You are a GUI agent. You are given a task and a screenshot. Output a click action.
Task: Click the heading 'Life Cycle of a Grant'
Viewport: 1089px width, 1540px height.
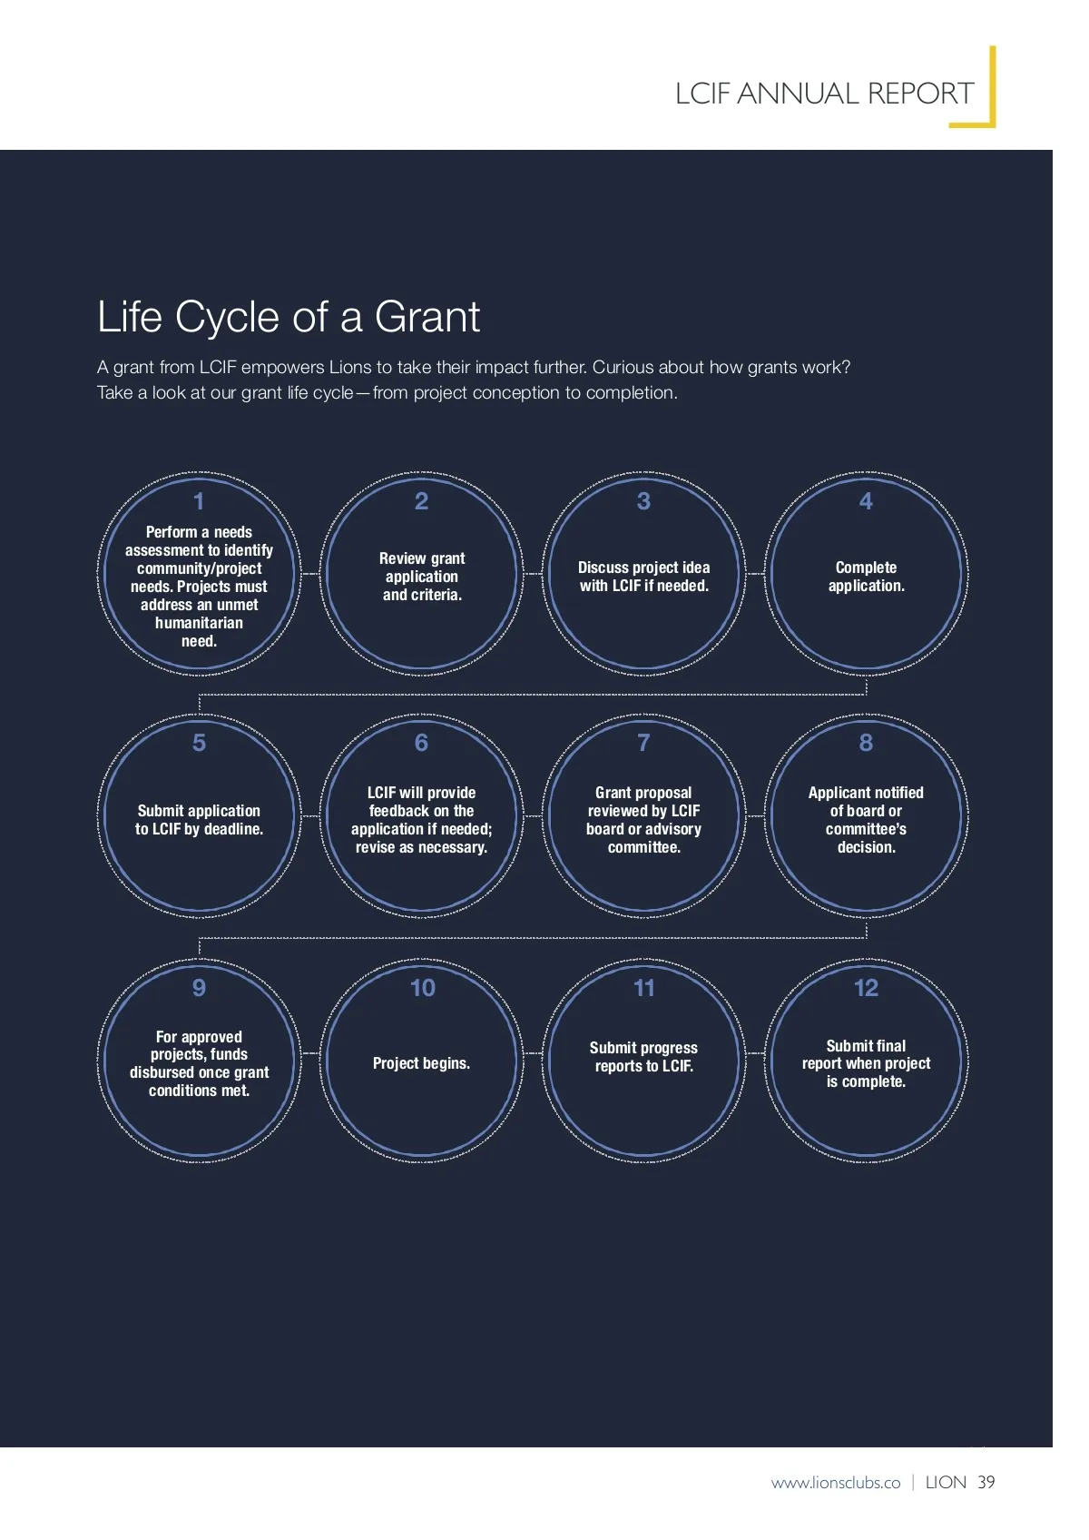pyautogui.click(x=288, y=317)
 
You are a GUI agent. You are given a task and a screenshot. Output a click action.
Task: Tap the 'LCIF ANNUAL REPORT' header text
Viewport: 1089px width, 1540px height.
pyautogui.click(x=824, y=94)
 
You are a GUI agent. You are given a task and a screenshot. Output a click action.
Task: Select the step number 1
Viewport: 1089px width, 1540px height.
pyautogui.click(x=199, y=501)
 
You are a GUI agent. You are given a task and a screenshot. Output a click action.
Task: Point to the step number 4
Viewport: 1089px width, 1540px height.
pyautogui.click(x=866, y=501)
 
